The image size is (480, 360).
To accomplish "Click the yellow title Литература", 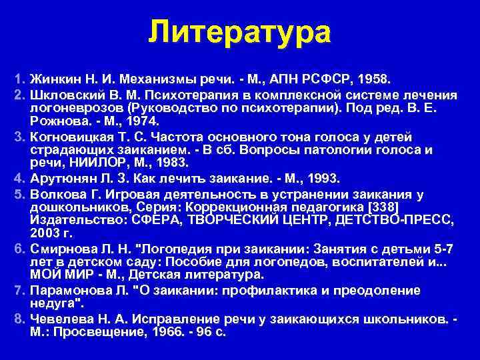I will [239, 32].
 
